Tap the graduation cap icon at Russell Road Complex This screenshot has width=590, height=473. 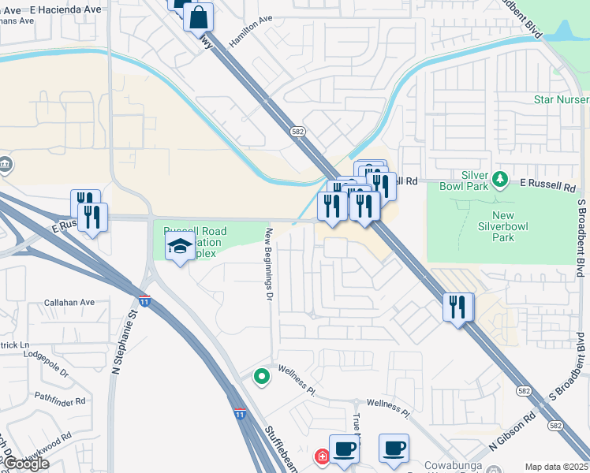coord(180,248)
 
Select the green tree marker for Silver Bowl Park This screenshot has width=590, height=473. coord(499,180)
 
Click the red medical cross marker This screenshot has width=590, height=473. coord(321,456)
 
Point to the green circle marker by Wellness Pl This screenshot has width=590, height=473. coord(262,377)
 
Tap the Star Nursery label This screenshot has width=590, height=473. coord(561,99)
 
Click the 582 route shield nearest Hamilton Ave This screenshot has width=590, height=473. coord(297,132)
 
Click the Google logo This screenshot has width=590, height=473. coord(26,464)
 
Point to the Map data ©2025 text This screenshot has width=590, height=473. coord(557,467)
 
